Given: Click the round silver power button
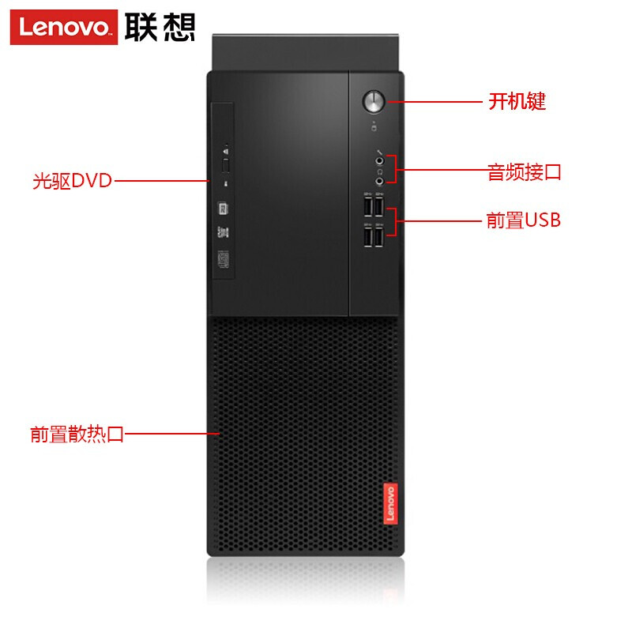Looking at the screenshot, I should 374,101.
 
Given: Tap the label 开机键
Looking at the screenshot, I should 517,101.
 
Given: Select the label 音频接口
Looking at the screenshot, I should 524,171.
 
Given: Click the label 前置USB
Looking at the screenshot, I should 523,220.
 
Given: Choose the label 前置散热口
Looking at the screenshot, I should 77,434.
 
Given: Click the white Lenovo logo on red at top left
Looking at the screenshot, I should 64,28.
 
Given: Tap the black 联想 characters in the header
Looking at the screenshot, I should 160,28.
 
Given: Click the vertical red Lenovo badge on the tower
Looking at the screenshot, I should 388,503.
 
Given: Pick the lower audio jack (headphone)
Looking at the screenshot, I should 380,181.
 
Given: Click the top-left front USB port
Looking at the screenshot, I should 368,207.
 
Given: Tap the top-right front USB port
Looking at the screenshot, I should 380,207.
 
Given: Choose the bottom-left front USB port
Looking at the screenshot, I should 368,236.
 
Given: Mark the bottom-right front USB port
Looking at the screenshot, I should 380,236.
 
